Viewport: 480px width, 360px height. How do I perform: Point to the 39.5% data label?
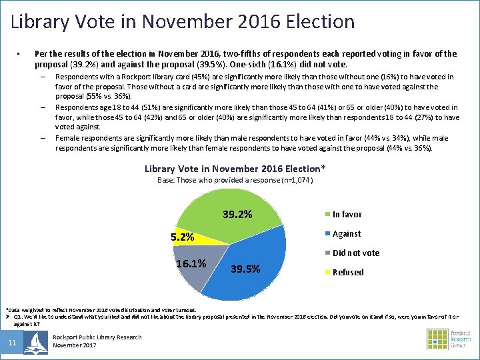(x=245, y=269)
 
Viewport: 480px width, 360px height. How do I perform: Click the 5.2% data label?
(x=182, y=237)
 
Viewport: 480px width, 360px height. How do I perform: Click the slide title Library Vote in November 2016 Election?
(x=183, y=21)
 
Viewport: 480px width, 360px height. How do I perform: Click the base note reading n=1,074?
(x=235, y=180)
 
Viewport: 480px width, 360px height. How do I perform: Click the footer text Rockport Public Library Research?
(x=97, y=337)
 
